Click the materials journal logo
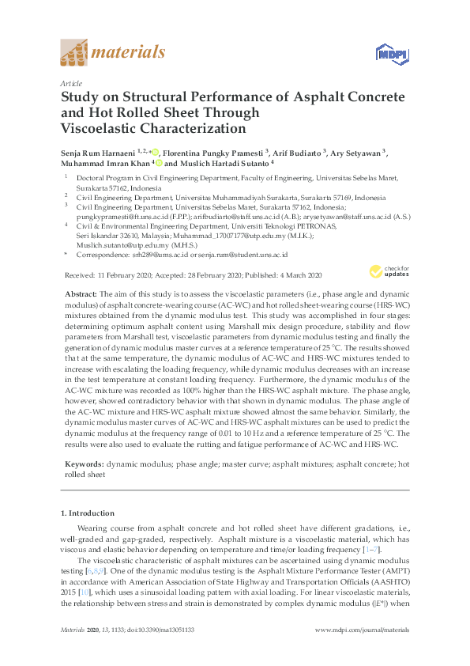112,54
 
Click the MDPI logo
385,55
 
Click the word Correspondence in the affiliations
99,255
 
